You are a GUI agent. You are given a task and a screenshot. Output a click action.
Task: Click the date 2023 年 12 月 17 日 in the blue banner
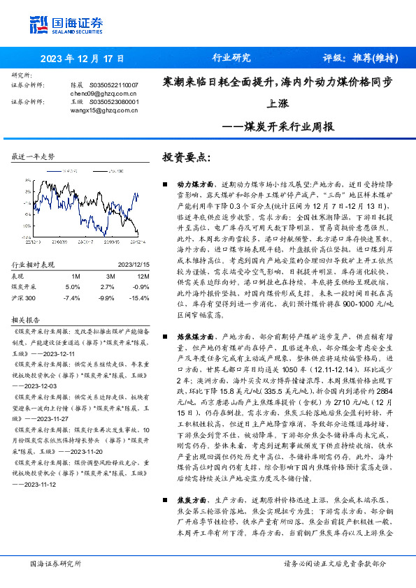click(82, 58)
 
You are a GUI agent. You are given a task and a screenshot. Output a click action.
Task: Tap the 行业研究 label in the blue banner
click(231, 58)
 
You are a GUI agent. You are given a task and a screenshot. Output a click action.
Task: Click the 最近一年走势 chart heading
click(33, 156)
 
